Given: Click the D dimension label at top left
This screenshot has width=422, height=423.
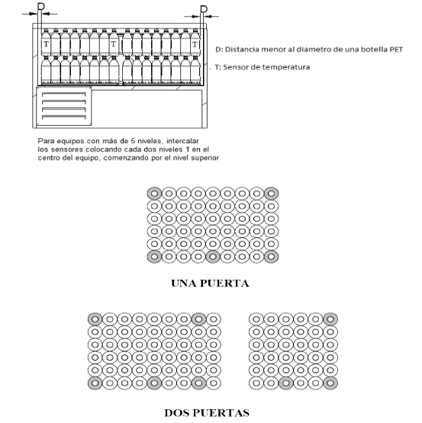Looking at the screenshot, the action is click(40, 6).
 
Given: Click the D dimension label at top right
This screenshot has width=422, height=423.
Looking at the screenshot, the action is click(204, 9).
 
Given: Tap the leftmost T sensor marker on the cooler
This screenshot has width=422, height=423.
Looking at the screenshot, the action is click(47, 44).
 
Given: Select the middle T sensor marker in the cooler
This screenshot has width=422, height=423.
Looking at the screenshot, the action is click(113, 44).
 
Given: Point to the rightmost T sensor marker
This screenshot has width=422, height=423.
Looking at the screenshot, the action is click(195, 44).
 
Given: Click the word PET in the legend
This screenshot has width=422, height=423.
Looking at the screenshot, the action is click(396, 50).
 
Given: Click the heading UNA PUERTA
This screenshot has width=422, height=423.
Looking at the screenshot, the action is click(210, 284).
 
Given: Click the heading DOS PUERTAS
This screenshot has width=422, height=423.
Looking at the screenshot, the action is click(207, 413).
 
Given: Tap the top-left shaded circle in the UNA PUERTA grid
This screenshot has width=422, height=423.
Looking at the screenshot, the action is click(154, 194).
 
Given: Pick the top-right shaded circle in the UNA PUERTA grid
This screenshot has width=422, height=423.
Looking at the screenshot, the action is click(271, 194).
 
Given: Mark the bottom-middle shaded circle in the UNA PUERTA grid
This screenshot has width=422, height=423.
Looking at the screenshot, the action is click(213, 257).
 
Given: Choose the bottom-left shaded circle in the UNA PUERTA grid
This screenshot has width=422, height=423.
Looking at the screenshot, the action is click(154, 257).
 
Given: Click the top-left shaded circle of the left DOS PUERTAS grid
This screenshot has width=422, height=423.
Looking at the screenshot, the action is click(95, 319).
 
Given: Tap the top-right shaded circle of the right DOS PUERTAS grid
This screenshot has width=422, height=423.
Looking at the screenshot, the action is click(330, 319).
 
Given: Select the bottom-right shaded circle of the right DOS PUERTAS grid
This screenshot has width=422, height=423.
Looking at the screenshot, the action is click(330, 383).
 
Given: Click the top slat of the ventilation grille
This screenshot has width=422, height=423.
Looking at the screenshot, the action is click(64, 95).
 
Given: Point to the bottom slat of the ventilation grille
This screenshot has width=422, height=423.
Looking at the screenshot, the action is click(64, 117).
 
